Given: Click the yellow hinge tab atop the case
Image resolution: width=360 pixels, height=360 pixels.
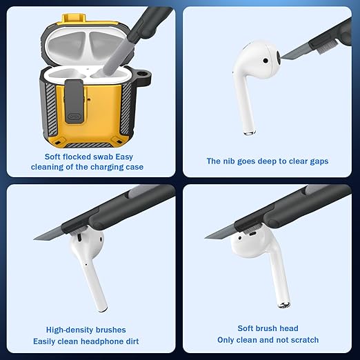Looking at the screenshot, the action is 74,19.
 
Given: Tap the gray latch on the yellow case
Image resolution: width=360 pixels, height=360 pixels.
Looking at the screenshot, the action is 74,101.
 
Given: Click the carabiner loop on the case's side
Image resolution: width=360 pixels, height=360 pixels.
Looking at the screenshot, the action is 144,77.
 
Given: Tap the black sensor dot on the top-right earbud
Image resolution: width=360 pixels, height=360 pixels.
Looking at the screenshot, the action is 266,61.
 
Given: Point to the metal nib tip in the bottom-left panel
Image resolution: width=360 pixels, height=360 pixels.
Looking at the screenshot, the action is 34,239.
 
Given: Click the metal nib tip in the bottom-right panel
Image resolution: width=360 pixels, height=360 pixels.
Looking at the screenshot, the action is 206,237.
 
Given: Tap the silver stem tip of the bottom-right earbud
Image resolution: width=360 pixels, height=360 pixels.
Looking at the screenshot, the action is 284,305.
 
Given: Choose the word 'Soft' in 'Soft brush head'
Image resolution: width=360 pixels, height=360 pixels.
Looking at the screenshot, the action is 245,328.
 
